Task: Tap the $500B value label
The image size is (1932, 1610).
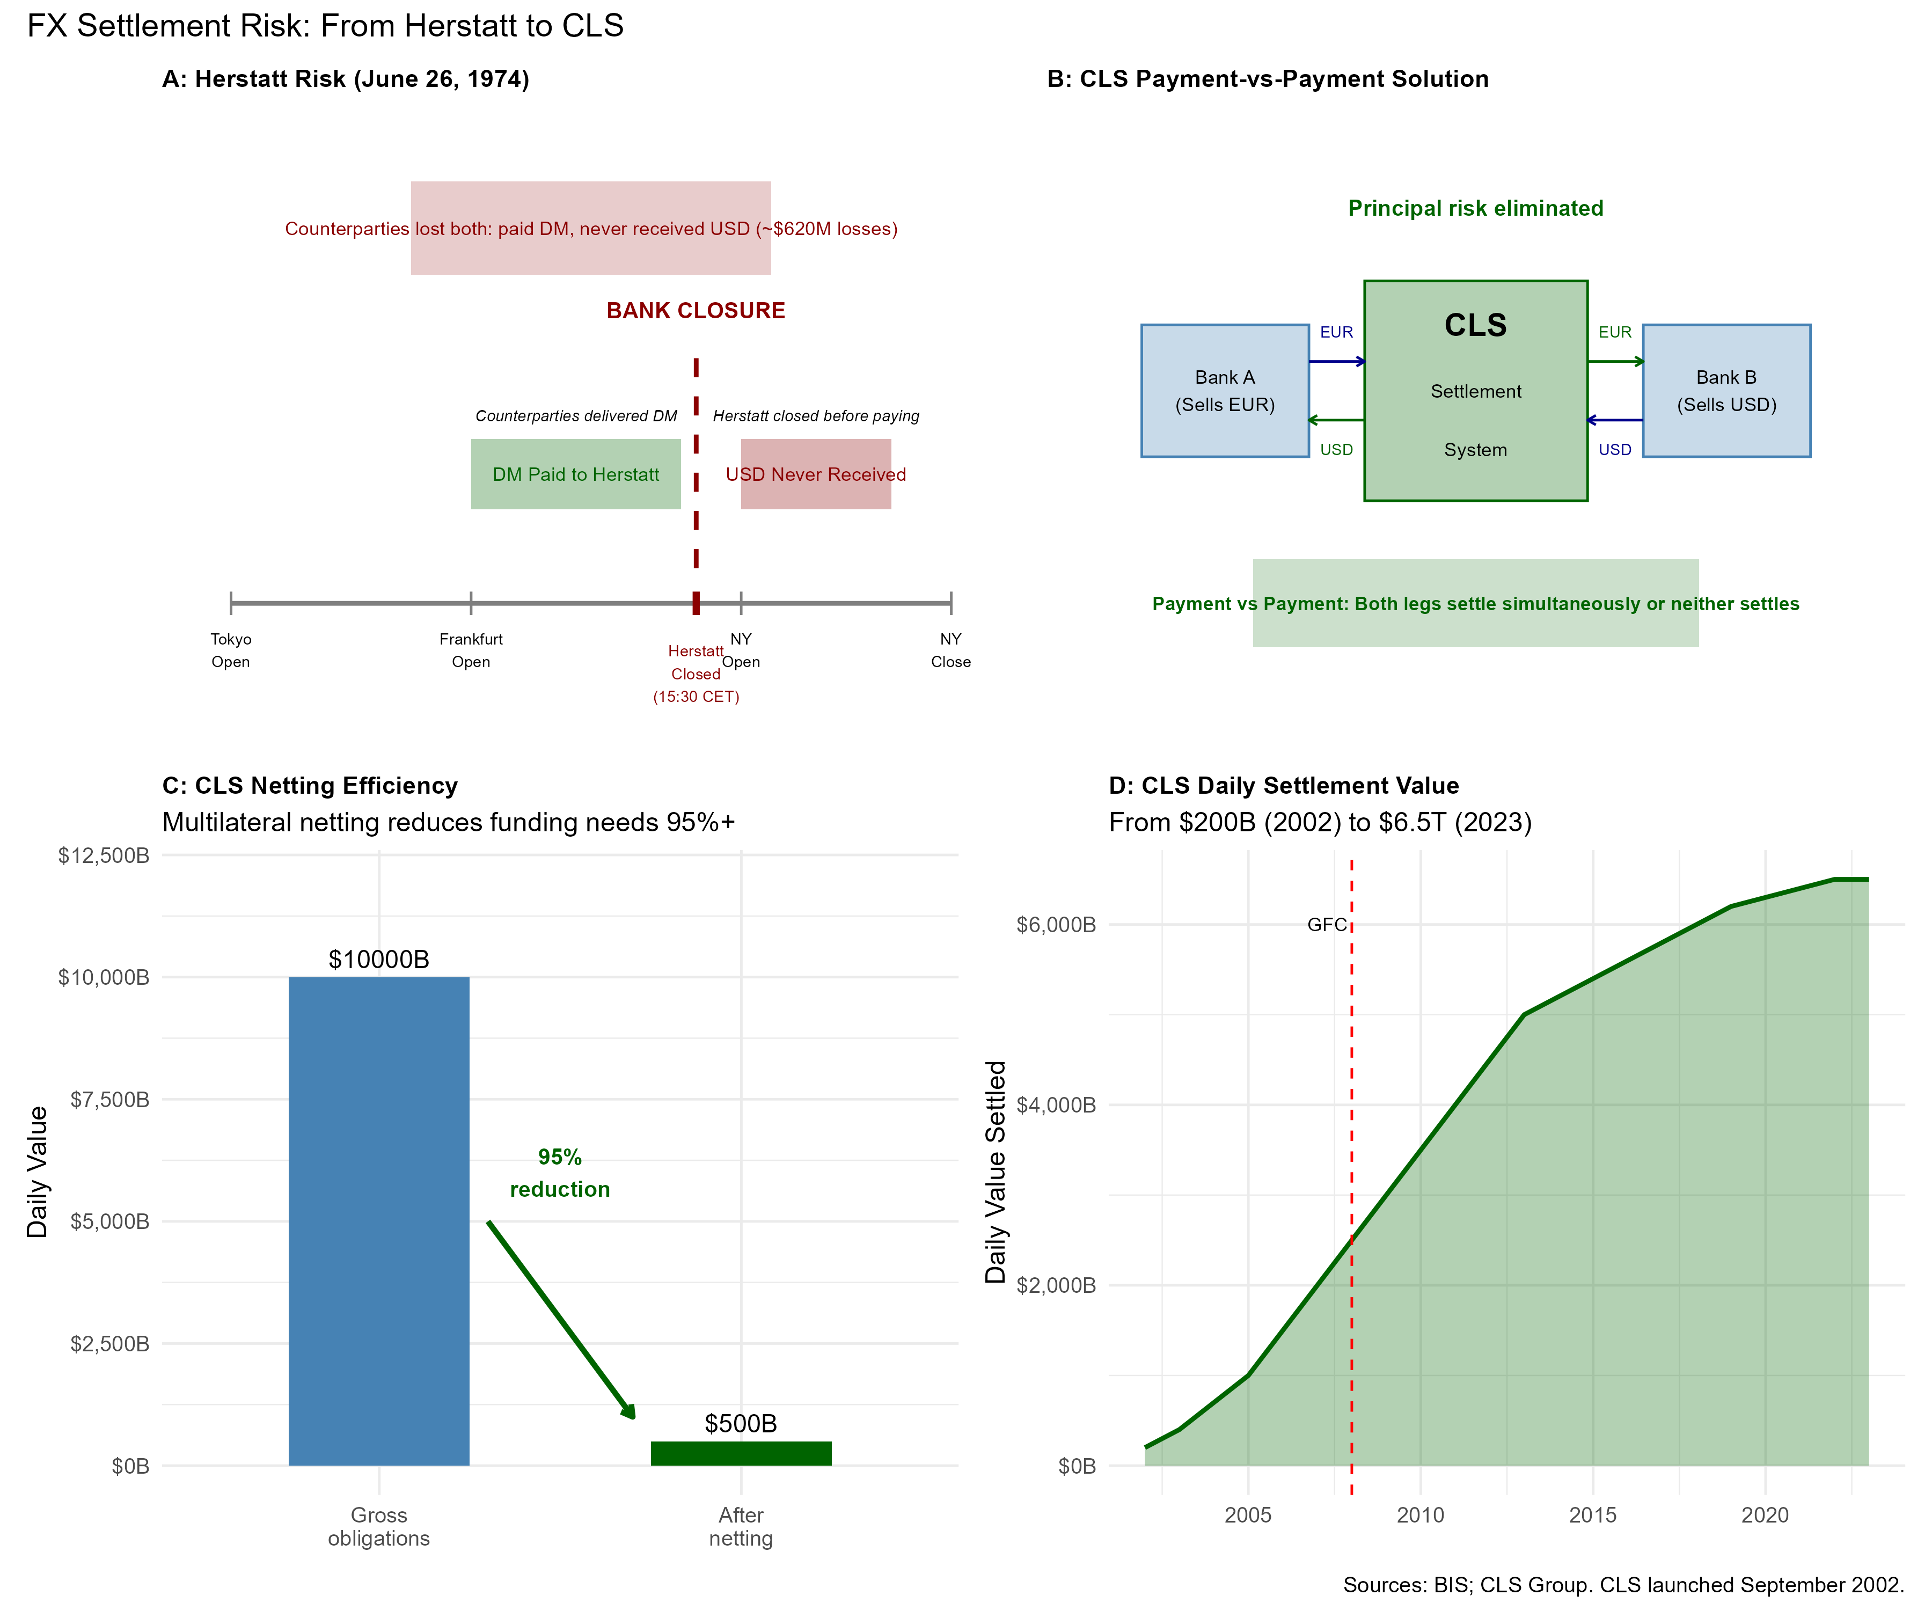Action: point(741,1423)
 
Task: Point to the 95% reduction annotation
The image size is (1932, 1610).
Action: point(559,1173)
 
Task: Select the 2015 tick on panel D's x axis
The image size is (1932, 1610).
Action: point(1592,1515)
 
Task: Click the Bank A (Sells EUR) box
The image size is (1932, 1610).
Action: point(1225,391)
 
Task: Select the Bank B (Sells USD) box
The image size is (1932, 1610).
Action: point(1726,391)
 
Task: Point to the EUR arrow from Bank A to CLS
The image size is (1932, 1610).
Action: point(1337,362)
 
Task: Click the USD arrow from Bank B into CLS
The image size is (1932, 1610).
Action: point(1615,420)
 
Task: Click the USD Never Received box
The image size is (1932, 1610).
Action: point(816,474)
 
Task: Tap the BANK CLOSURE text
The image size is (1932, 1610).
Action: point(696,311)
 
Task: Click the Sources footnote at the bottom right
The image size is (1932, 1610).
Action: point(1623,1584)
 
